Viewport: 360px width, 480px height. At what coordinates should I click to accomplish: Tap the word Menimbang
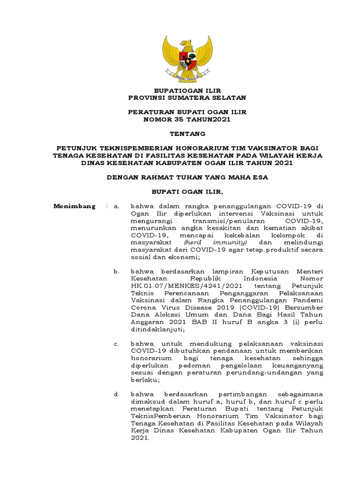(x=74, y=206)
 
